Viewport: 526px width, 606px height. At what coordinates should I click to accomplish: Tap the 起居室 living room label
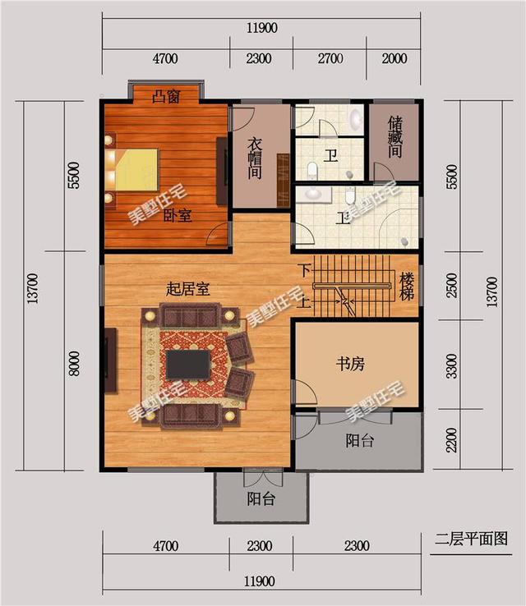(187, 289)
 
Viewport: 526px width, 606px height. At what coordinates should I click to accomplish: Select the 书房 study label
(349, 364)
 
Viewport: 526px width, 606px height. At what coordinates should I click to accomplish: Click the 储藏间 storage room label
(394, 138)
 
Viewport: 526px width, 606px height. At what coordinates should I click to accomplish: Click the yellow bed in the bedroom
(136, 168)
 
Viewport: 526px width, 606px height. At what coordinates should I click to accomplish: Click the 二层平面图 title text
(471, 539)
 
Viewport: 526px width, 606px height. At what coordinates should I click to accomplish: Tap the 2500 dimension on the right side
(450, 287)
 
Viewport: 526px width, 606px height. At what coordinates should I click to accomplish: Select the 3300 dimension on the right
(450, 364)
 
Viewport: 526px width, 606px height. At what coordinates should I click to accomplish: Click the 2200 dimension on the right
(450, 441)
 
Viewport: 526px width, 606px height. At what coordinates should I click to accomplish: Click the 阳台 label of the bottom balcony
(261, 499)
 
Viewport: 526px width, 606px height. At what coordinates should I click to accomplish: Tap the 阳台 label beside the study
(359, 441)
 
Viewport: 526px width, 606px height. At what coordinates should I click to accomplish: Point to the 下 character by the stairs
(304, 269)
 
